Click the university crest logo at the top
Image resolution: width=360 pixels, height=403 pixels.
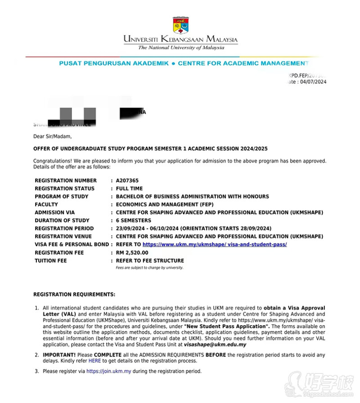click(x=180, y=25)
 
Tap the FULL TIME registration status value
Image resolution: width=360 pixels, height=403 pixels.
click(x=129, y=188)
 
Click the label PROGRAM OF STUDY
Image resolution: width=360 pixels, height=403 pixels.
click(x=61, y=197)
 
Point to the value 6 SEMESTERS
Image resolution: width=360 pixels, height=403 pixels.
click(x=134, y=220)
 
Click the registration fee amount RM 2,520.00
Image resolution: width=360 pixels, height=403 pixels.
click(x=132, y=253)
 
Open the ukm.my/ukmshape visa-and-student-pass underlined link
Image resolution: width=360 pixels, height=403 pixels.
click(x=215, y=244)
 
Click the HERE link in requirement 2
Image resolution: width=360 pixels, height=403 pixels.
click(x=94, y=361)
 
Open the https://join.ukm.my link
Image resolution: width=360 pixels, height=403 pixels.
click(x=108, y=372)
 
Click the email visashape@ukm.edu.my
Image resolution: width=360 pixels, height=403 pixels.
click(x=215, y=345)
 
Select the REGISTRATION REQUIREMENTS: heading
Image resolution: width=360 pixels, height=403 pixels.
click(x=74, y=294)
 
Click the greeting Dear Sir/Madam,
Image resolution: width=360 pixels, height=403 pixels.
click(x=52, y=136)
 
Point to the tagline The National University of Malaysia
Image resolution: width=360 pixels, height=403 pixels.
click(x=181, y=48)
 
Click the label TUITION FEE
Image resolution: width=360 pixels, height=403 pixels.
click(x=50, y=260)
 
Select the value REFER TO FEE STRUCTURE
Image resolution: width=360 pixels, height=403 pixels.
click(x=150, y=260)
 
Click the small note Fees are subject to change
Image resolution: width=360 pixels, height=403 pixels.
click(x=150, y=268)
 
